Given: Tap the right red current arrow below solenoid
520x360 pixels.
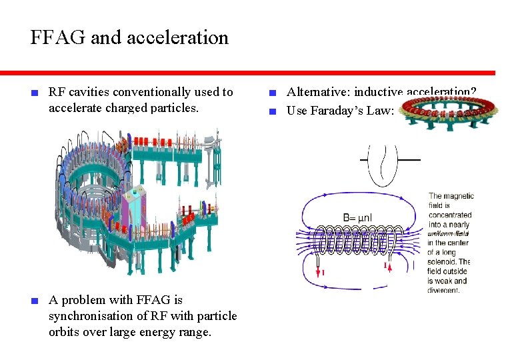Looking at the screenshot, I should [x=386, y=267].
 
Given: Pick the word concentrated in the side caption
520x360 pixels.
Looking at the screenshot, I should [x=450, y=215].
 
